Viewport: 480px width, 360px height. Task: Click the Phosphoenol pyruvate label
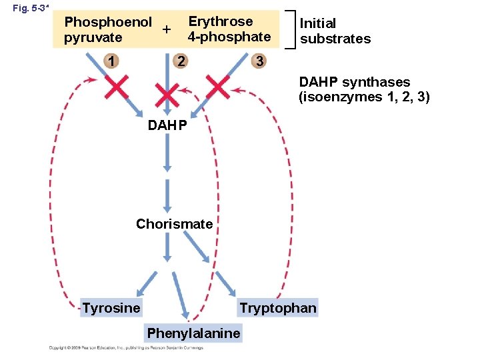click(107, 30)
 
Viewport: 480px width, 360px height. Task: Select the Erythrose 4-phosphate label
click(229, 29)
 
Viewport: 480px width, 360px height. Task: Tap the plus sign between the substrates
click(167, 30)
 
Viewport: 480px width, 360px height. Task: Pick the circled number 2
click(180, 62)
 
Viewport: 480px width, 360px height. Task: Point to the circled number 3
click(259, 62)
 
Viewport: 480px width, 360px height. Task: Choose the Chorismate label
click(174, 224)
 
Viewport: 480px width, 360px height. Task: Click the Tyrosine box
click(111, 307)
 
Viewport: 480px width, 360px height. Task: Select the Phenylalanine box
click(193, 333)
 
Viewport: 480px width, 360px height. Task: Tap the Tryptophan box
click(278, 307)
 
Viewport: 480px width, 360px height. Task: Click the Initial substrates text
click(335, 31)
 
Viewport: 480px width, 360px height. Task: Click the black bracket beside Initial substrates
click(289, 29)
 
